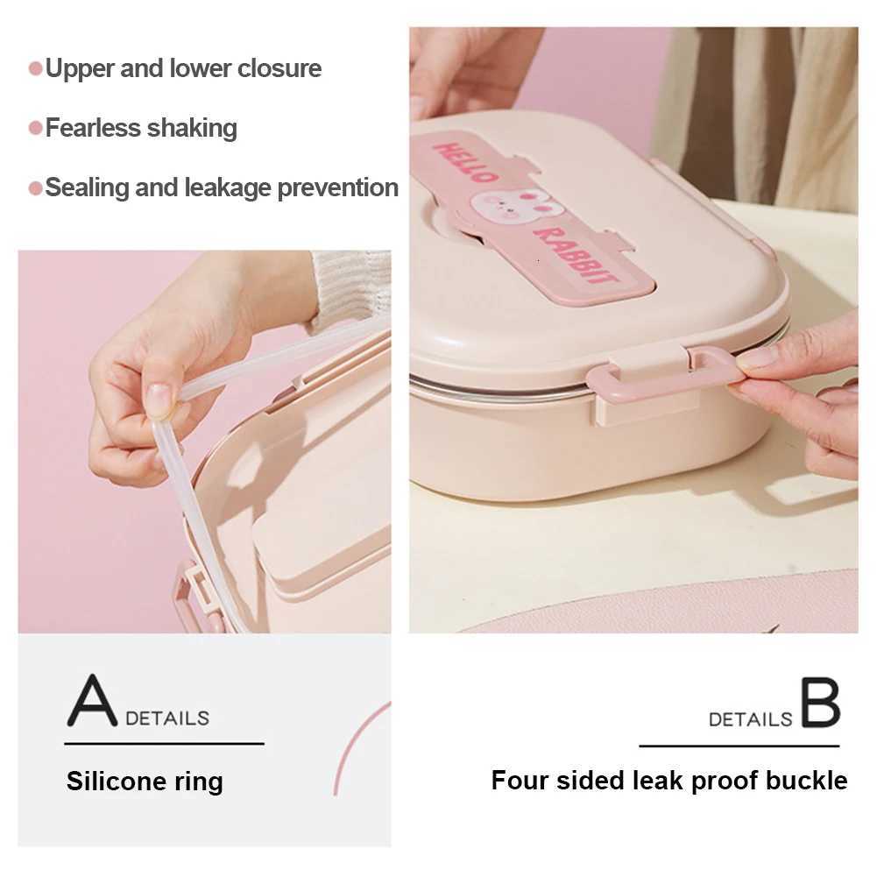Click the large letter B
point(821,702)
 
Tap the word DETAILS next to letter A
point(167,718)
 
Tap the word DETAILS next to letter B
point(751,719)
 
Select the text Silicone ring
point(145,782)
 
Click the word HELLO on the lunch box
point(463,162)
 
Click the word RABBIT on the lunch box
point(576,255)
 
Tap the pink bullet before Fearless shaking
point(35,128)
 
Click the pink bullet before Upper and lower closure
point(35,69)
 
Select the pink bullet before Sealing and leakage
point(35,187)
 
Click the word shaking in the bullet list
point(193,129)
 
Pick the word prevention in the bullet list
point(338,187)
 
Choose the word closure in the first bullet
point(279,69)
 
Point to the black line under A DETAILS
point(165,744)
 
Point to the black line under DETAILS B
point(739,746)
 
